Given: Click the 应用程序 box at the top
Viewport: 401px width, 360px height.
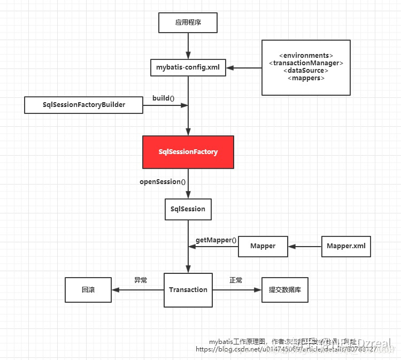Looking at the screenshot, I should [x=188, y=23].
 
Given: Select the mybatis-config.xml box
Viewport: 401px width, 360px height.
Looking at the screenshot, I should [x=188, y=67].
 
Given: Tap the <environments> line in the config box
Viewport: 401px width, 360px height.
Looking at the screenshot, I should [x=306, y=56].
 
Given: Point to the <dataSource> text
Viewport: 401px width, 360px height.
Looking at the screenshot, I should [x=306, y=71].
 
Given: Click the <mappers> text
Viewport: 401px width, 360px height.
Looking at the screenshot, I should [x=306, y=78].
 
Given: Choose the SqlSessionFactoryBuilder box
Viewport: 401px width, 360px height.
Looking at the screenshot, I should [x=84, y=105].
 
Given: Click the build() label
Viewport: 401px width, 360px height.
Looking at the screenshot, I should [x=164, y=98].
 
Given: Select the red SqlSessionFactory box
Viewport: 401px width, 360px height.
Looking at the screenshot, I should [x=188, y=152].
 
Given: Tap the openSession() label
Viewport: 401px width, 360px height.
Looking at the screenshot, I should [x=163, y=182].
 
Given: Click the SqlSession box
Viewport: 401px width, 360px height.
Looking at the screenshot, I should [x=188, y=209].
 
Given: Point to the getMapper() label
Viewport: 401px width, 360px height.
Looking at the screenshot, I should [x=216, y=240].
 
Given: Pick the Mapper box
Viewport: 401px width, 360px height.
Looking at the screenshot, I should [x=263, y=246].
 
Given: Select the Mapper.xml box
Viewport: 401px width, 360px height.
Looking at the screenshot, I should [x=346, y=246].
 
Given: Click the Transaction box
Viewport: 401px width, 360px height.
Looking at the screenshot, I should [x=188, y=290].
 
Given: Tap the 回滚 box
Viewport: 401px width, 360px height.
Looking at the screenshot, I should [x=88, y=290].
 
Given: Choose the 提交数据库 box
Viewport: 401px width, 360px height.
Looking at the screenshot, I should [x=284, y=290].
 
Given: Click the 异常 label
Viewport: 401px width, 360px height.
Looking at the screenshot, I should [x=141, y=280].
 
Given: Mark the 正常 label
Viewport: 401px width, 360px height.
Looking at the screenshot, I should [x=236, y=280].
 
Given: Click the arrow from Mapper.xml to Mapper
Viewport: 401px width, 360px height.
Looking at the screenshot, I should [x=305, y=247].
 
